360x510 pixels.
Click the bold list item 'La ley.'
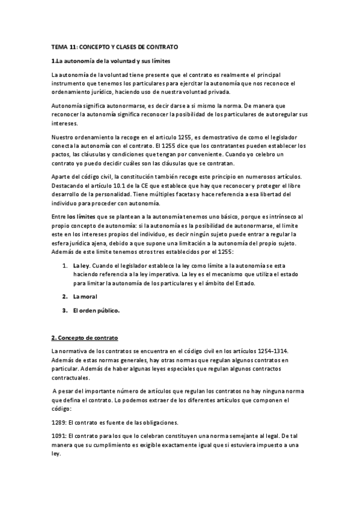tap(81, 265)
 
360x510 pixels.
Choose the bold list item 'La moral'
tap(85, 297)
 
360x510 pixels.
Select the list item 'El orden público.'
tap(96, 310)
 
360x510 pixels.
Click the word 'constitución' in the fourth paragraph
tap(144, 176)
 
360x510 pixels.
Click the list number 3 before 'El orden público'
tap(64, 310)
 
